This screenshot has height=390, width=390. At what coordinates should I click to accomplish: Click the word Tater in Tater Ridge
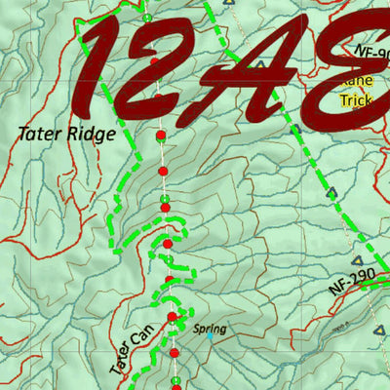coord(38,134)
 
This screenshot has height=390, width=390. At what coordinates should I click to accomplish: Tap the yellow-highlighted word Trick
coord(356,100)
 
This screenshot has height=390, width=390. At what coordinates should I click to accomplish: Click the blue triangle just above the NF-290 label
coord(357,261)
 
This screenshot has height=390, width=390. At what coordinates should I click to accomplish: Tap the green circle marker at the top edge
coord(146,17)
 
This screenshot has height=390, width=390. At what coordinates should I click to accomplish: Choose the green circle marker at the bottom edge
coord(175,380)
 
